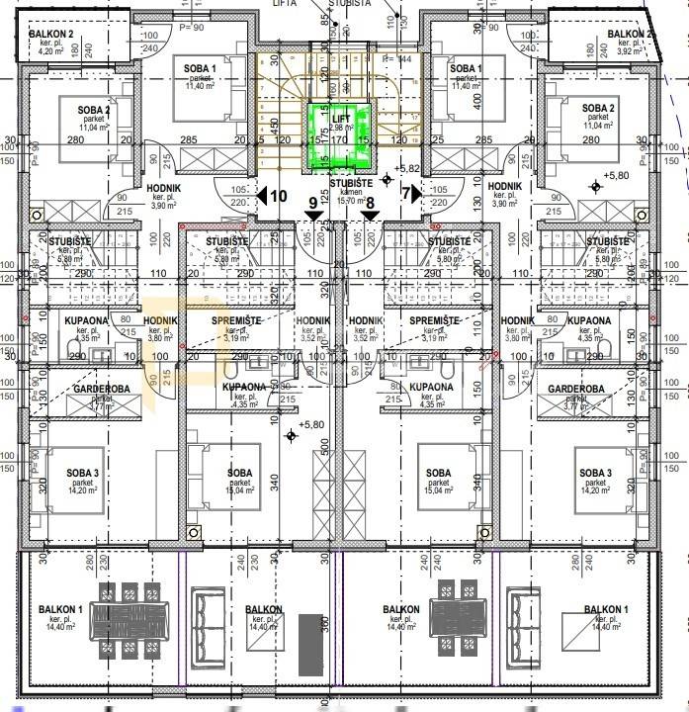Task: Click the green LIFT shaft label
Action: pos(341,118)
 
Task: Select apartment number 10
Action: pos(279,195)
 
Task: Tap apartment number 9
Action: pos(313,204)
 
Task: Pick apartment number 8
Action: pos(370,204)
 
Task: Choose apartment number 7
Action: pos(405,195)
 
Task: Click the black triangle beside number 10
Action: pos(262,196)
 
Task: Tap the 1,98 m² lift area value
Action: pos(341,128)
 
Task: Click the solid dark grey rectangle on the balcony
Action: pos(308,646)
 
